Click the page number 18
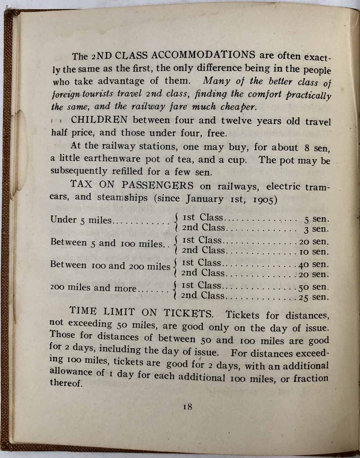pyautogui.click(x=188, y=407)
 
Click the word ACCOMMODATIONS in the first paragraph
pyautogui.click(x=203, y=55)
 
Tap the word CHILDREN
pyautogui.click(x=99, y=120)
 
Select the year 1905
pyautogui.click(x=265, y=200)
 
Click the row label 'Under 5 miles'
pyautogui.click(x=81, y=220)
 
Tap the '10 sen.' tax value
pyautogui.click(x=314, y=252)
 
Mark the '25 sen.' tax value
pyautogui.click(x=314, y=297)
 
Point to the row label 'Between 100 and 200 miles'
pyautogui.click(x=110, y=266)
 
